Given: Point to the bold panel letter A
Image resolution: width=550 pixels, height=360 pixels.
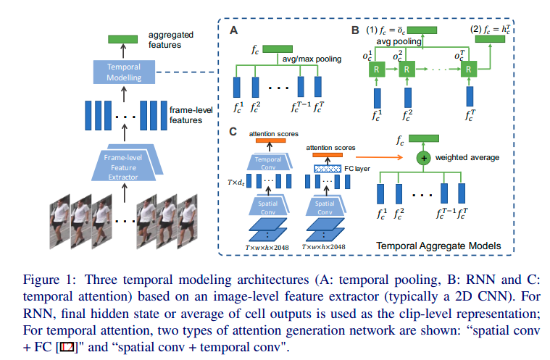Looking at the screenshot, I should pyautogui.click(x=233, y=30).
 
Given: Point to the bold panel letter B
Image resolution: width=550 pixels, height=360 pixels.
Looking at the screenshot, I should pyautogui.click(x=355, y=31).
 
